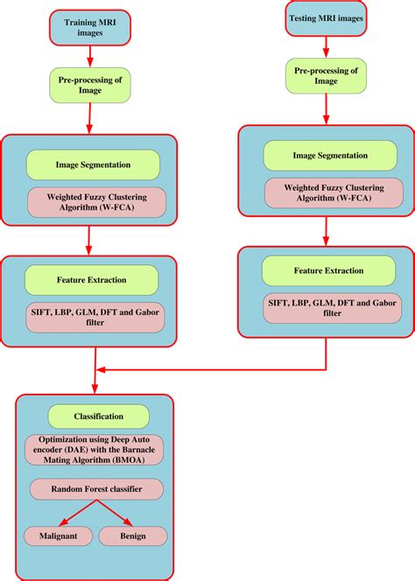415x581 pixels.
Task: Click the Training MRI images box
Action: tap(88, 27)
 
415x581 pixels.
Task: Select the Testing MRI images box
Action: tap(325, 18)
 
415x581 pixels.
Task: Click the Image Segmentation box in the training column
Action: tap(93, 164)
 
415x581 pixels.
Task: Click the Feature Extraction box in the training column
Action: tap(92, 280)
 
